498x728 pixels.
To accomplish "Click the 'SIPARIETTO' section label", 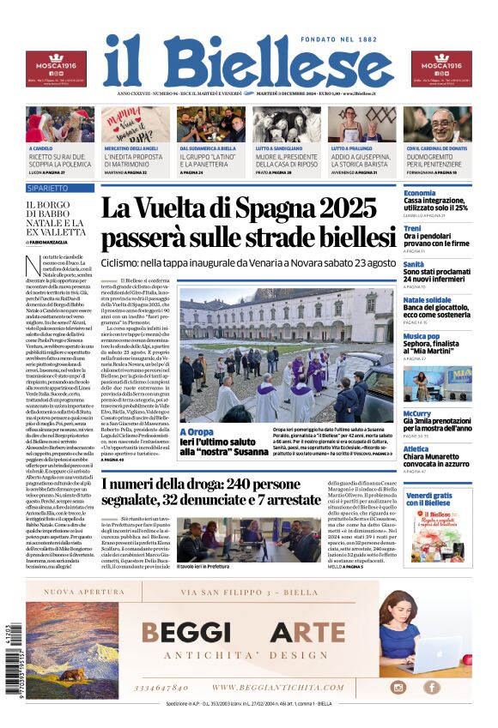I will [x=47, y=187].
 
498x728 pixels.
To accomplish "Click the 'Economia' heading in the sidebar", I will [x=420, y=193].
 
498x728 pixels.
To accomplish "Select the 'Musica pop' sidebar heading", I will [x=422, y=336].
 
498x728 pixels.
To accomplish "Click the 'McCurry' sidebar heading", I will [x=416, y=414].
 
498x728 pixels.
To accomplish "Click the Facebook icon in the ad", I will [x=432, y=687].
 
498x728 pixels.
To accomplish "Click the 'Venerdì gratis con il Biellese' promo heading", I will [x=428, y=499].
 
